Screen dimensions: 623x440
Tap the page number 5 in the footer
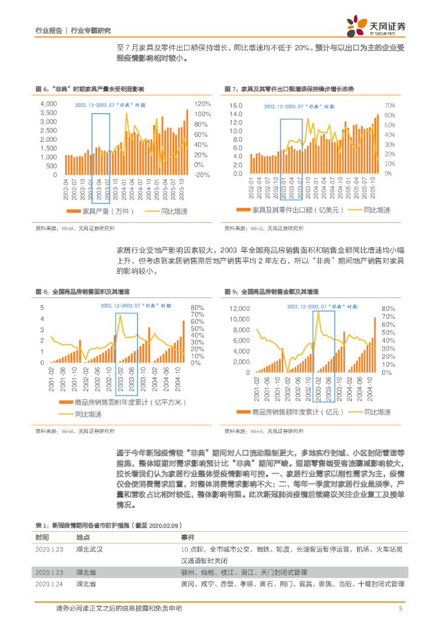(x=400, y=608)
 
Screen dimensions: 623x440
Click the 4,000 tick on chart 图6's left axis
(x=48, y=104)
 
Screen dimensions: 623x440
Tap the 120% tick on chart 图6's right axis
(x=203, y=104)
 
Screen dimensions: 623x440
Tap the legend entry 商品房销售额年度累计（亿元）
(x=298, y=412)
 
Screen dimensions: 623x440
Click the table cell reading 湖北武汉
(x=90, y=550)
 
